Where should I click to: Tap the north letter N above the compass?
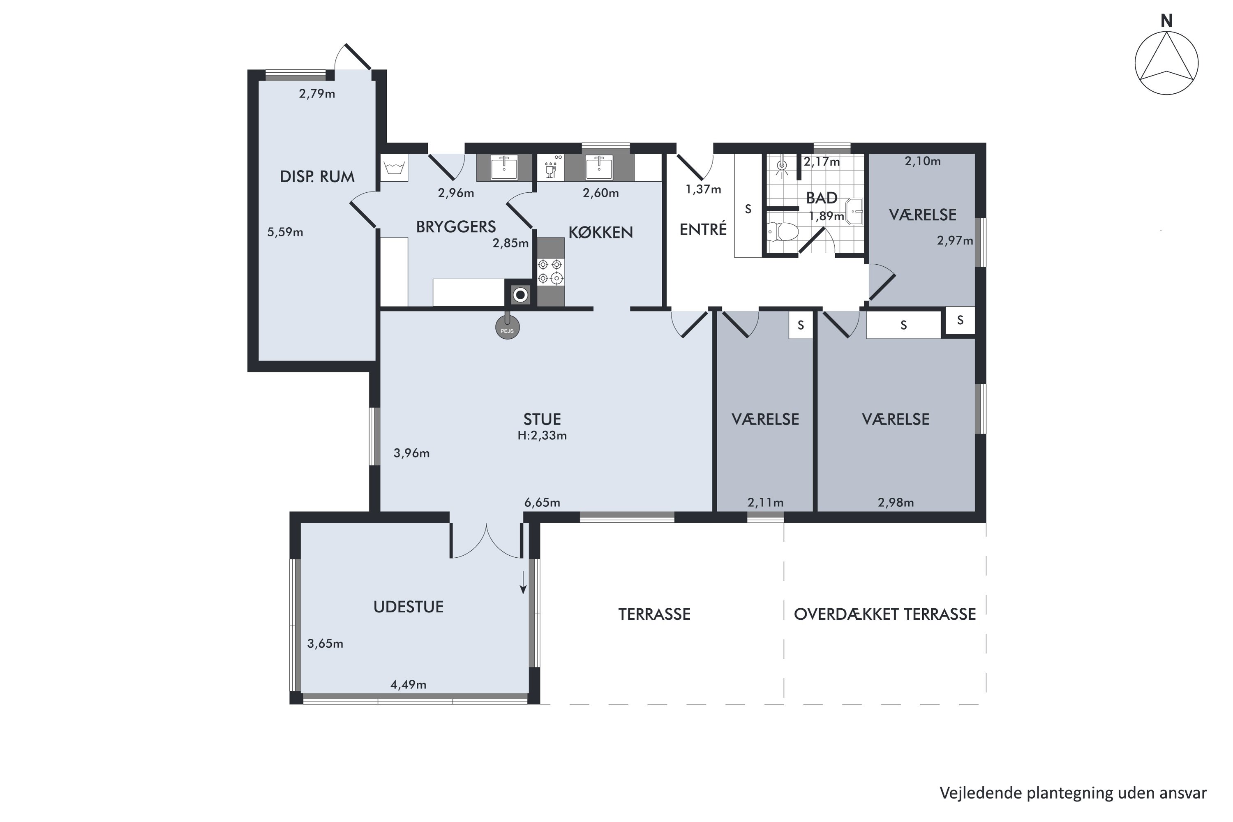point(1166,21)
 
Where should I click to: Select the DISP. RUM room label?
point(317,177)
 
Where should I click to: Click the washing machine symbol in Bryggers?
point(394,168)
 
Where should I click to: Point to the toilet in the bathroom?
point(782,231)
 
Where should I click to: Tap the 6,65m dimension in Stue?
point(542,503)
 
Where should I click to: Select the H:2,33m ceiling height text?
point(542,436)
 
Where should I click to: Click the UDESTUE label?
point(409,607)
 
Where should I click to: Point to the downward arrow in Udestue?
point(523,582)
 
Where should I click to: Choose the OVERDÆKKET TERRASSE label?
point(885,614)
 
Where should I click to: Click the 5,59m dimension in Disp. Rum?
point(285,232)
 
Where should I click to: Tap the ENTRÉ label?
point(703,229)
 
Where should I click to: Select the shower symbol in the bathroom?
point(782,165)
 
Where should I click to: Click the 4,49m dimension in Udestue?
point(409,685)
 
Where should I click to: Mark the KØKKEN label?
point(601,232)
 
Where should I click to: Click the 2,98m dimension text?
point(896,503)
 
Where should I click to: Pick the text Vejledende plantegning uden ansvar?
point(1073,793)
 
